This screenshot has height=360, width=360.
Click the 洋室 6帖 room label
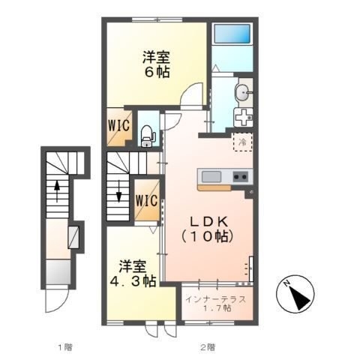coord(157,64)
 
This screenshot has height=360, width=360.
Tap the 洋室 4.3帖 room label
coord(133,274)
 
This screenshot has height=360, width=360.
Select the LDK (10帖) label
coord(208,229)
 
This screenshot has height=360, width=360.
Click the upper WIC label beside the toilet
coord(119,125)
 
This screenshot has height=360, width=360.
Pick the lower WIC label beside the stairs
coord(147,200)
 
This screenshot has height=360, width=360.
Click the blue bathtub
coord(232,34)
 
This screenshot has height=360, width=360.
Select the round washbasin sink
coord(242,93)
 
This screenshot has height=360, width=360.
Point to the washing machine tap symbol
coord(243,118)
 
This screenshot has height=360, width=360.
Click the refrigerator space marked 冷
coord(242,142)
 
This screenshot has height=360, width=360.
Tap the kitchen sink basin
coord(211,177)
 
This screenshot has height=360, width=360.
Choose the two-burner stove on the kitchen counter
coord(241,177)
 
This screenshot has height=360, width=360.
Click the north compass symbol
coord(295,294)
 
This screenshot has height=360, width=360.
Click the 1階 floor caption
coord(65,347)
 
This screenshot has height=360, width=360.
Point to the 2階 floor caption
coord(208,347)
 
